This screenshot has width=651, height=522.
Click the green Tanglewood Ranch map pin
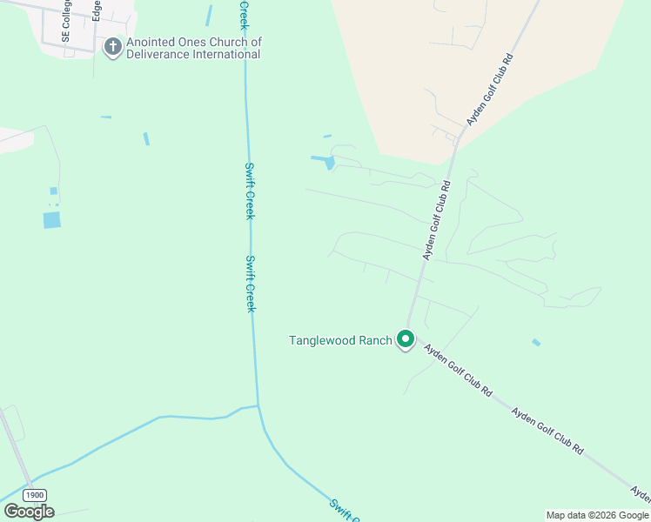point(405,338)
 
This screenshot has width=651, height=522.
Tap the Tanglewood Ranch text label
point(340,340)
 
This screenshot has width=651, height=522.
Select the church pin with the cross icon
point(112,47)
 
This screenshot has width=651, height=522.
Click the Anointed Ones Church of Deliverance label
point(193,48)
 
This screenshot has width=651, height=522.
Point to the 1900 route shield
point(35,494)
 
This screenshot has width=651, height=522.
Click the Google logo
point(29,512)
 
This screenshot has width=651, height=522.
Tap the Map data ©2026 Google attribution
point(597,515)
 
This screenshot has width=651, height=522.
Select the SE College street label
point(65,21)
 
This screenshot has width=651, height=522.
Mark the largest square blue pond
point(52,220)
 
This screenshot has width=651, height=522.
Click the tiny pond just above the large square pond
point(53,191)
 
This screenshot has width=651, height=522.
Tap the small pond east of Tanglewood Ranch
point(536,343)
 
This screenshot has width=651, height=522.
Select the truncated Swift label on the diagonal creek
point(344,509)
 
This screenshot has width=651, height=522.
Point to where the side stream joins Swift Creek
point(258,406)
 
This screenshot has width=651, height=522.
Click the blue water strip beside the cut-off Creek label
point(209,16)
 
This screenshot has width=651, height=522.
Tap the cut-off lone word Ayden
point(641,495)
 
